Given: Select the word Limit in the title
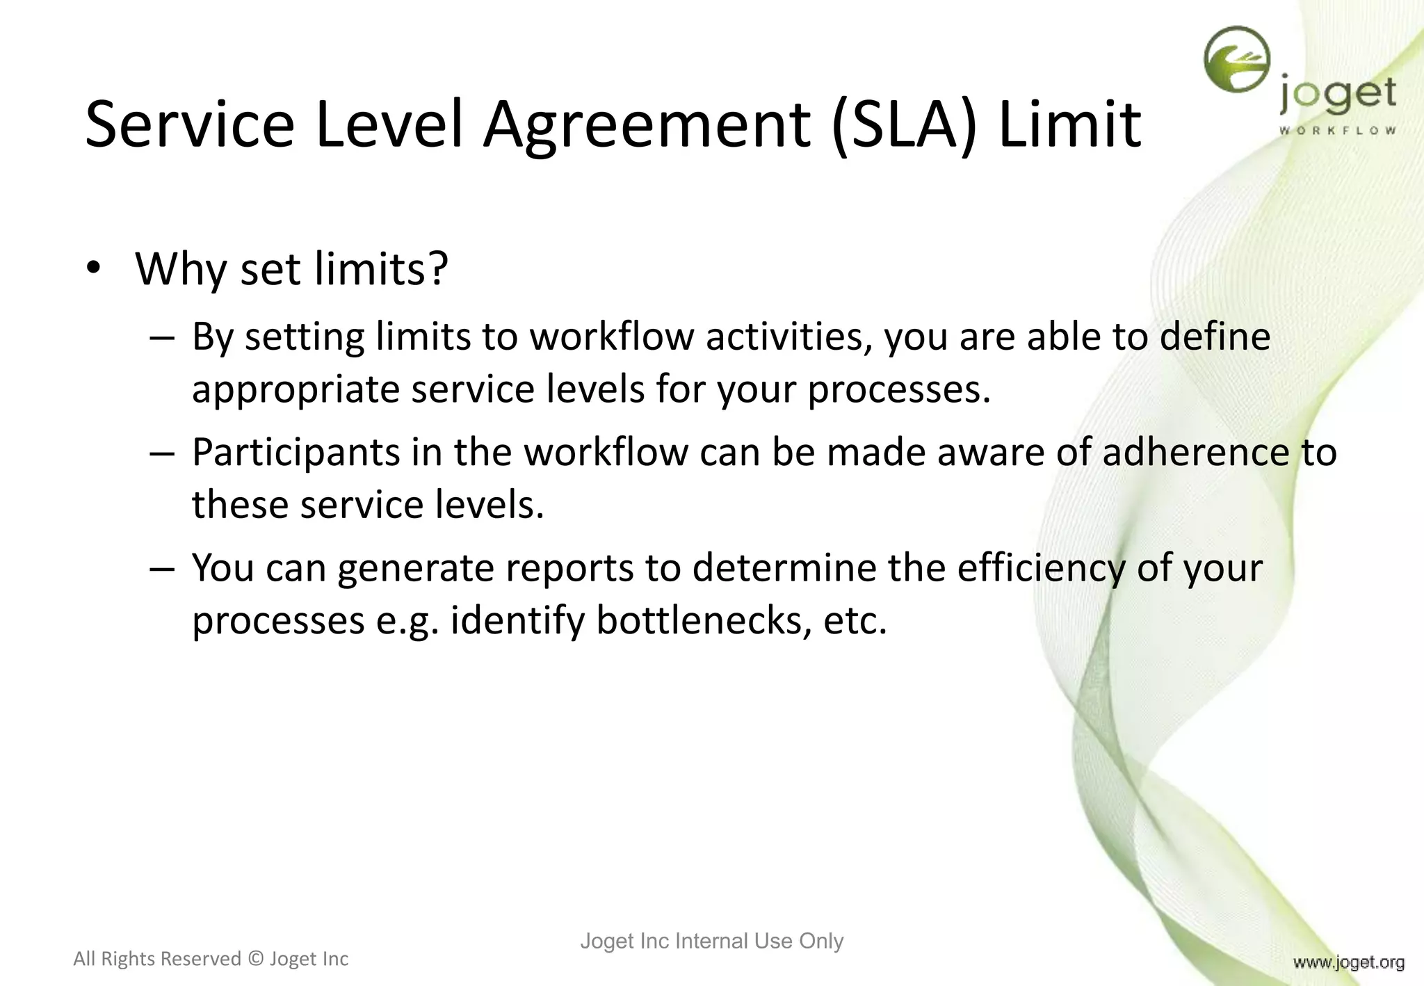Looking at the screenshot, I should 1069,125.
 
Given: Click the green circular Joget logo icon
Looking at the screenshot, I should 1237,60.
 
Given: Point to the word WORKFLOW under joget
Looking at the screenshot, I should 1337,130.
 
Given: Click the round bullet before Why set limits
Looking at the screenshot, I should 94,268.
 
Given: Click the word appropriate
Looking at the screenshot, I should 296,389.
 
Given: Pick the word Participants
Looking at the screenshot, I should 296,453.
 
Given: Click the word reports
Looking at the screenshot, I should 569,568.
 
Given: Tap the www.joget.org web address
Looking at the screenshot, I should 1348,962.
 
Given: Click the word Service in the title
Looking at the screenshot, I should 190,125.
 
